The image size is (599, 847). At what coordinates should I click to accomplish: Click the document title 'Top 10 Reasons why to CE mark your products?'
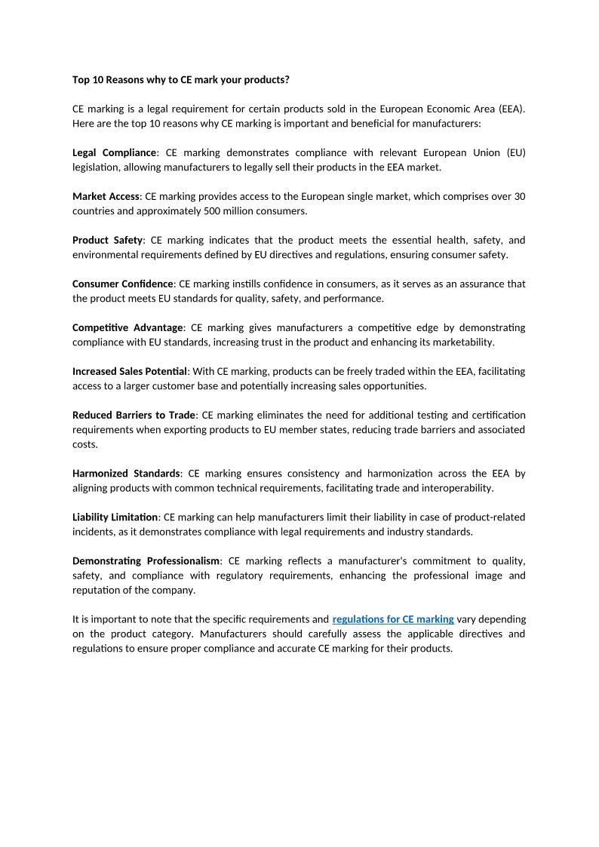click(x=181, y=79)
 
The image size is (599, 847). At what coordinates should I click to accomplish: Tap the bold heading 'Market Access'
click(x=106, y=196)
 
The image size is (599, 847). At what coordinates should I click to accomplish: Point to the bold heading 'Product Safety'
click(x=107, y=240)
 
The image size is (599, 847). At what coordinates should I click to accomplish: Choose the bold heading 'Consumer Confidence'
click(x=123, y=284)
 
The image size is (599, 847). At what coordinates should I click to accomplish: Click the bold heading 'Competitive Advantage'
click(x=127, y=327)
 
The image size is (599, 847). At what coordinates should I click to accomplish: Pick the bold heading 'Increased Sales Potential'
click(x=130, y=371)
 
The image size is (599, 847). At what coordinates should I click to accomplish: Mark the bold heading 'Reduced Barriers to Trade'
click(x=134, y=415)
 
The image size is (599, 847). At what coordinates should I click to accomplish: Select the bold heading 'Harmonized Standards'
click(x=126, y=474)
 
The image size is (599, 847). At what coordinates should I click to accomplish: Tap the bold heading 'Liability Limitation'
click(x=115, y=517)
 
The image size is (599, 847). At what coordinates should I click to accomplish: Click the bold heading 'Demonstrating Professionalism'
click(x=146, y=561)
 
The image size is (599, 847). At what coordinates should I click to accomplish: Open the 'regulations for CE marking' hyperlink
click(x=393, y=619)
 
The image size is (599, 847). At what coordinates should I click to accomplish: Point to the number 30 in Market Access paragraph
click(x=519, y=196)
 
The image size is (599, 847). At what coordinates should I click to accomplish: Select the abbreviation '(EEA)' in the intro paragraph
click(x=510, y=109)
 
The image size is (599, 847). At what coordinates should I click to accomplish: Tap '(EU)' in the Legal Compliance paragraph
click(x=516, y=152)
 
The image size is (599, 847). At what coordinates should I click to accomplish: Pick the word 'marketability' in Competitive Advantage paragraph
click(x=462, y=342)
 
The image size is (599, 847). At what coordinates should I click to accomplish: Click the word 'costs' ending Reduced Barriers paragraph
click(x=84, y=444)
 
